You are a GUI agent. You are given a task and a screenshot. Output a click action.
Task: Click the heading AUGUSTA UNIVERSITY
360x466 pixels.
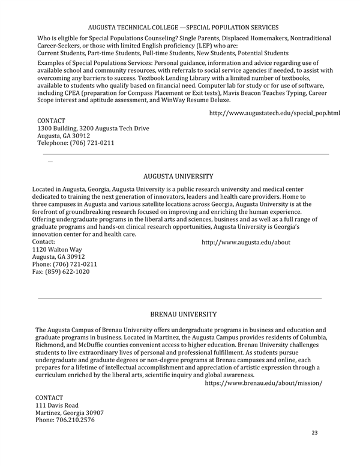coord(178,177)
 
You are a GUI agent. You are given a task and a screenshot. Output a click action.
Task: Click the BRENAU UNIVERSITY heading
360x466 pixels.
coord(183,314)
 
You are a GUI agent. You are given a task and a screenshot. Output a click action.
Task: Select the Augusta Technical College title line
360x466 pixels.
coord(183,28)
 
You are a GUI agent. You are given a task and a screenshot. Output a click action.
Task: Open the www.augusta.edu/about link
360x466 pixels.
coord(246,242)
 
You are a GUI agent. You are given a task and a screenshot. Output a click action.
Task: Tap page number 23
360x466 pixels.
coord(315,432)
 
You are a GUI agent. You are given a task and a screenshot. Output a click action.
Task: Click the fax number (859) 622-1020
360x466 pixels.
coord(61,271)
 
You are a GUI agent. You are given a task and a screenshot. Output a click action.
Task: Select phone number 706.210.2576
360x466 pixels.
coord(65,420)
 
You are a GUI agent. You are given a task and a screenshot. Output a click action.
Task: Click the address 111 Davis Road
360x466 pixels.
coord(57,405)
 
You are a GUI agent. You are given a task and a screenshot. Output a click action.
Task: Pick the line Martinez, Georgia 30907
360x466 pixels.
coord(70,413)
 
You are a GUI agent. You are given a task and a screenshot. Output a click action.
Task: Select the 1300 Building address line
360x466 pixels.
coord(93,129)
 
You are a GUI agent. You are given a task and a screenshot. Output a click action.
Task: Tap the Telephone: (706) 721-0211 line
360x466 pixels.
coord(76,143)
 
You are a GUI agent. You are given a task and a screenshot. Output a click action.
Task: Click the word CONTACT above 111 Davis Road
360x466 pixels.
coord(49,398)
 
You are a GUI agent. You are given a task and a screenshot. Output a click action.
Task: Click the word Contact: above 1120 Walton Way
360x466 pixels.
coord(43,242)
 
